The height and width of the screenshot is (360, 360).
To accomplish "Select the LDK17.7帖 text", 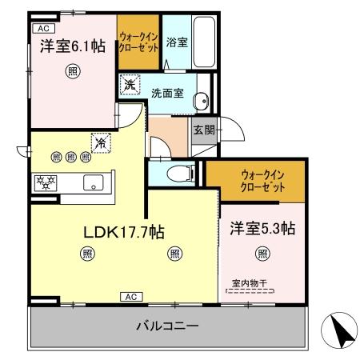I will click(125, 233).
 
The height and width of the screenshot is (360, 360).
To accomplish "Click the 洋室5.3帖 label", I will click(262, 228).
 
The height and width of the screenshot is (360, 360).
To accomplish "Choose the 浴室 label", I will click(176, 42).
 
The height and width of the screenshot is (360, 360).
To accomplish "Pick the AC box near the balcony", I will click(132, 297).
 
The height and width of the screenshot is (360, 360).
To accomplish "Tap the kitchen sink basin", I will click(95, 182).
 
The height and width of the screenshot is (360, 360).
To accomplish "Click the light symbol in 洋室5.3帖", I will click(262, 254).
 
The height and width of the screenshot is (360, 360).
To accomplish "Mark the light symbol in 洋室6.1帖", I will click(71, 71).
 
